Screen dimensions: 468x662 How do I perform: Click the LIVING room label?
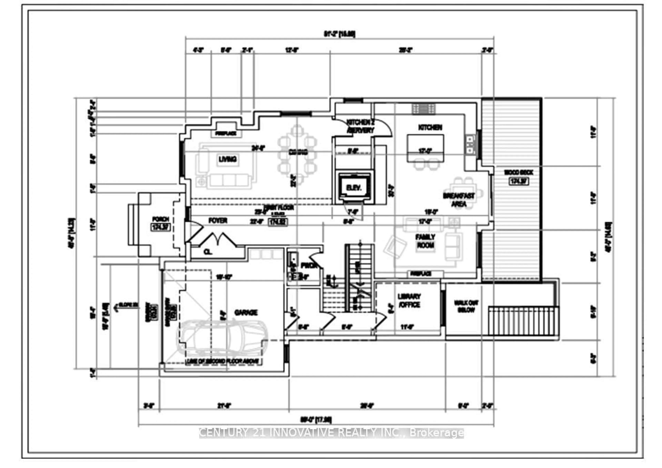pyautogui.click(x=228, y=159)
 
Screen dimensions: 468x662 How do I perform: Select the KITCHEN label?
pyautogui.click(x=430, y=127)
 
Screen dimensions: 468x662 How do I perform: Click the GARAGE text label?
pyautogui.click(x=246, y=312)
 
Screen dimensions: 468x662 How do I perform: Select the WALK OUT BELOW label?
pyautogui.click(x=466, y=306)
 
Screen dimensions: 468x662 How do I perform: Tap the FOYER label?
pyautogui.click(x=218, y=221)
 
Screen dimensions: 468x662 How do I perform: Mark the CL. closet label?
pyautogui.click(x=208, y=252)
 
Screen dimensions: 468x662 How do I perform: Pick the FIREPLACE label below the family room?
pyautogui.click(x=421, y=273)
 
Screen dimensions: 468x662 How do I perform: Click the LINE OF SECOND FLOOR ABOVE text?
pyautogui.click(x=223, y=361)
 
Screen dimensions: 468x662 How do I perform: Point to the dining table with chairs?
pyautogui.click(x=297, y=153)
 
